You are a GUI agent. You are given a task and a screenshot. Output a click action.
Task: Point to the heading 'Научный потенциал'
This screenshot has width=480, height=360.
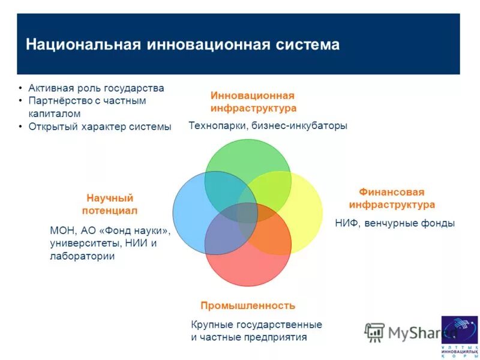coord(109,204)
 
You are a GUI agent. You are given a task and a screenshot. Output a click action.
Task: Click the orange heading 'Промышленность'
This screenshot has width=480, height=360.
coord(248,305)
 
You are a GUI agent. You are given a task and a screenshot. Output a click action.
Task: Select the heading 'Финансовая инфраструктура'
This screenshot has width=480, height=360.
coord(392,199)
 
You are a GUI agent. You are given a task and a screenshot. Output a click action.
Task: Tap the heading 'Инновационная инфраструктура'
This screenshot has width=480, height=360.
coord(253,102)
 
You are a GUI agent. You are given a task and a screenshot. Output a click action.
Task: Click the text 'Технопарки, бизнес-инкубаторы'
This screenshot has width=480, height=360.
coord(268,126)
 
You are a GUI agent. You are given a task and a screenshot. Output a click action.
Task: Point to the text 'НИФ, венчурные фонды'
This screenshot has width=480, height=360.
coord(394,223)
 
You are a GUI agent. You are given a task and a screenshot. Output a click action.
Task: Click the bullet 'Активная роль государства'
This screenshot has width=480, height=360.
coord(96,88)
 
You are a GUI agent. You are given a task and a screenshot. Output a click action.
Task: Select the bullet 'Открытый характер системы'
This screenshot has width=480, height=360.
coord(100,127)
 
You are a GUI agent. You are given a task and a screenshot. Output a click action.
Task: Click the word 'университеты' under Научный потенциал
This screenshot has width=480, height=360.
coord(79,243)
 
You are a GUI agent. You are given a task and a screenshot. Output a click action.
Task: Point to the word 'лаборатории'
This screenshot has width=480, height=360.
coord(82,256)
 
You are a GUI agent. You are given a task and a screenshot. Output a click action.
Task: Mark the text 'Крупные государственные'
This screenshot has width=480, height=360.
coord(256,325)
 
